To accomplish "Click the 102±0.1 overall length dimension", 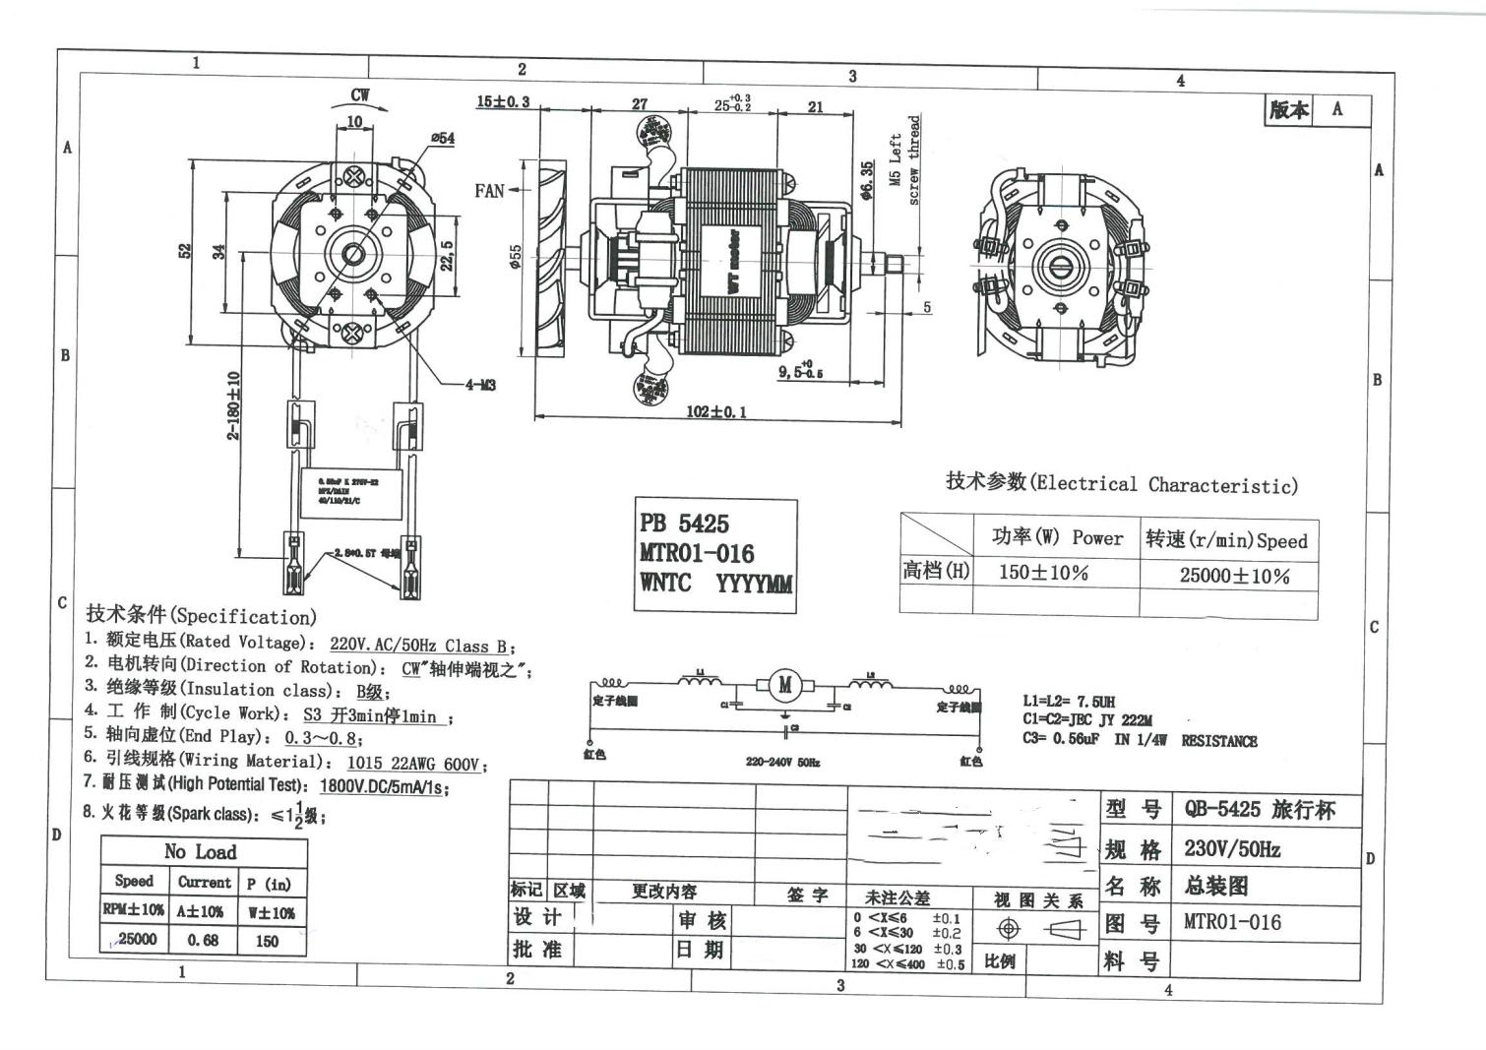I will click(x=715, y=411).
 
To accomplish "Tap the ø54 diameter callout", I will click(x=443, y=139).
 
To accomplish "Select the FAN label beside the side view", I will click(x=489, y=191).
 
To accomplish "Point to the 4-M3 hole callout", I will click(x=480, y=385).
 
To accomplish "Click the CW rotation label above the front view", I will click(x=360, y=95).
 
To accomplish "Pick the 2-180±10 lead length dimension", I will click(x=234, y=405).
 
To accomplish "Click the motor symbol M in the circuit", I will click(x=784, y=685).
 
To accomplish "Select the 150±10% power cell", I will click(x=1043, y=573).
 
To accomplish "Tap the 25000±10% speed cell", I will click(x=1234, y=576).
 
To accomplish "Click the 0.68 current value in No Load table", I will click(x=203, y=940).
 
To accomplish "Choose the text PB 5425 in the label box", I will click(x=684, y=524).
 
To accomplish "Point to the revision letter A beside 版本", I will click(x=1336, y=109).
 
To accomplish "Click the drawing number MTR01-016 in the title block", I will click(x=1232, y=922).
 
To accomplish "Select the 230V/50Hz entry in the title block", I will click(x=1232, y=848).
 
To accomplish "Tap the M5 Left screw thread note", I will click(x=904, y=159).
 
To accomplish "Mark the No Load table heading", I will click(x=201, y=852).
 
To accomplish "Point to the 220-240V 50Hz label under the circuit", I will click(x=782, y=762).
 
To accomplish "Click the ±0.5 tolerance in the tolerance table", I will click(x=950, y=964).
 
